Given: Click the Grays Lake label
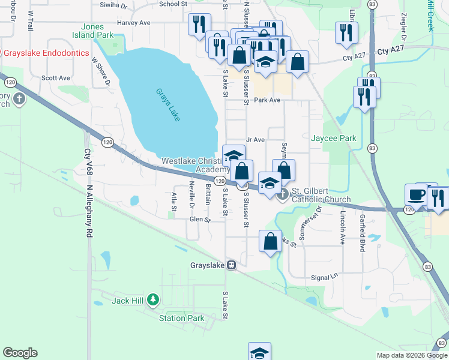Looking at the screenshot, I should (168, 104).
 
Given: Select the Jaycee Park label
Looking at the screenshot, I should (334, 138).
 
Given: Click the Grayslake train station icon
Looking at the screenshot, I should (231, 265).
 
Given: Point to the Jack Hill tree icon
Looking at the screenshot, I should (153, 299).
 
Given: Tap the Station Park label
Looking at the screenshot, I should (182, 318).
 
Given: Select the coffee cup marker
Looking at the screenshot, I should (415, 195).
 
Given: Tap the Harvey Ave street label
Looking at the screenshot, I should (133, 23).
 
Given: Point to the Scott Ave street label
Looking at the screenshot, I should (56, 78).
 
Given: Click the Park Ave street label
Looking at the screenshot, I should (267, 100).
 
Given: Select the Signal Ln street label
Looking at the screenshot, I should (325, 278).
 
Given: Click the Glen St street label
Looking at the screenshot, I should (200, 220).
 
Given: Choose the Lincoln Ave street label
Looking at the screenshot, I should (343, 227).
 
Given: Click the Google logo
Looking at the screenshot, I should (20, 353).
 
